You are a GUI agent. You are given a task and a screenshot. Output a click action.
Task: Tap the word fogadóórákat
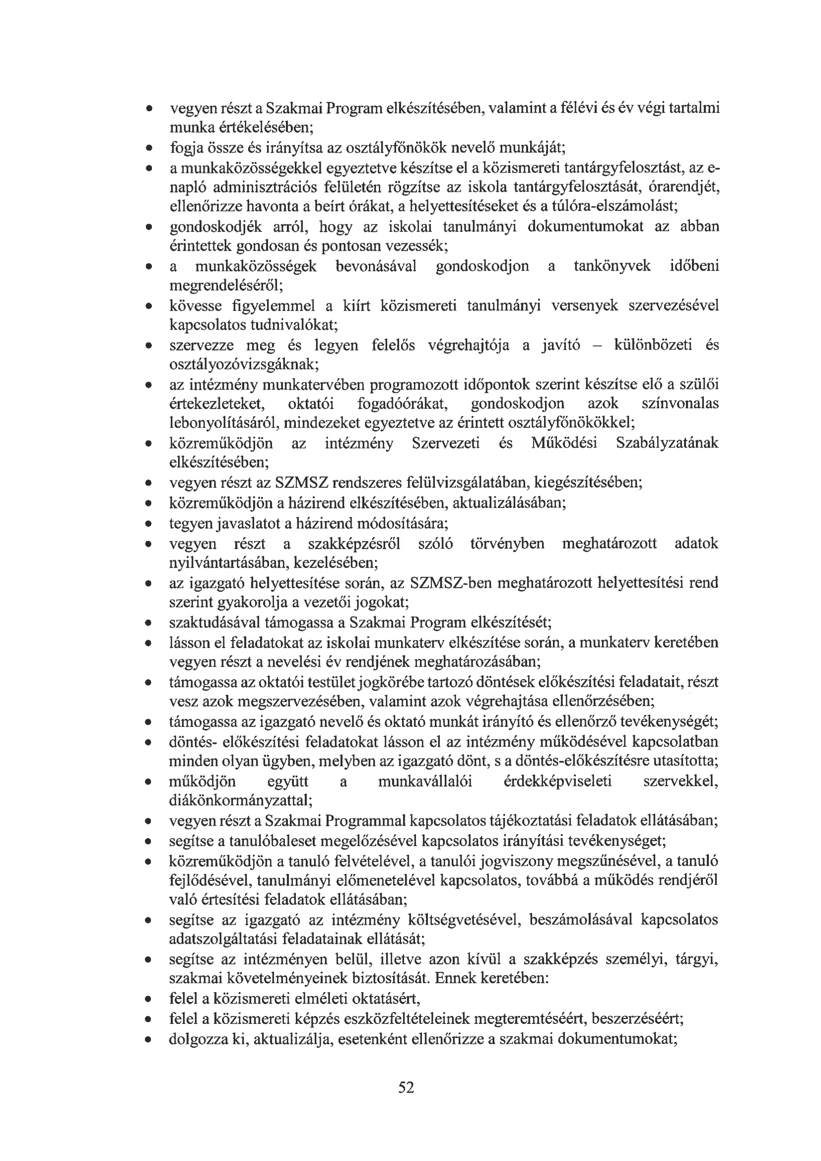point(404,404)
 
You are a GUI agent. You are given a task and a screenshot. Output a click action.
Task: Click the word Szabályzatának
point(667,443)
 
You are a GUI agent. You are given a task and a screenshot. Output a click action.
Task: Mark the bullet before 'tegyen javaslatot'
point(148,524)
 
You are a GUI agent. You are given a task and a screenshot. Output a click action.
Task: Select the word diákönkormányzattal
point(241,801)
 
